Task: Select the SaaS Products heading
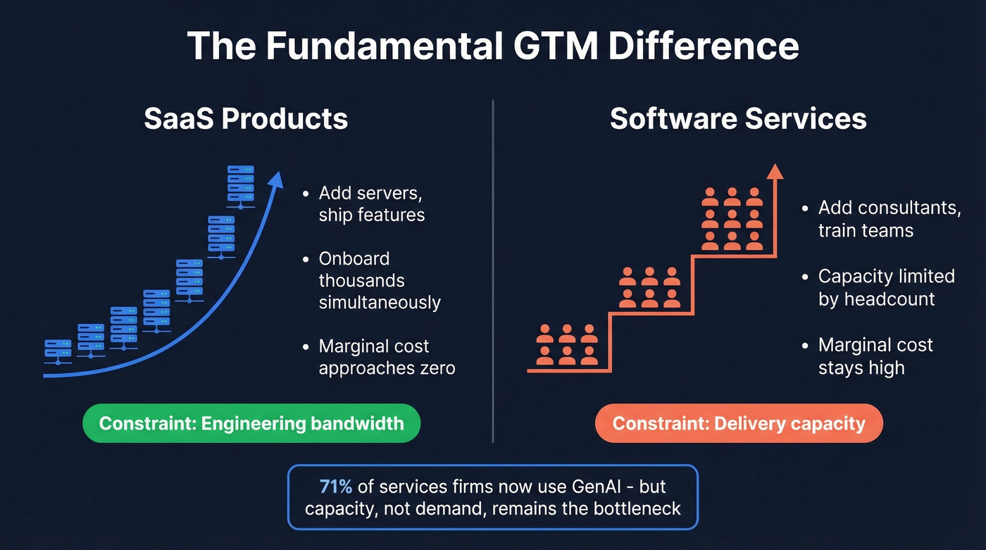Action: coord(246,118)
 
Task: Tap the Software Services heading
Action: coord(738,118)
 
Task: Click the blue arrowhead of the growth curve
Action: coord(277,179)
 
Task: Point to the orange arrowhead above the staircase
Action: coord(775,172)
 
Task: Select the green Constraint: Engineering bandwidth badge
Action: coord(251,423)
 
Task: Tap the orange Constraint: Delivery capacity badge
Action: coord(739,423)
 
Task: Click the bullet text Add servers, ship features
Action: coord(371,204)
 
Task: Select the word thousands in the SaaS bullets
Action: coord(361,280)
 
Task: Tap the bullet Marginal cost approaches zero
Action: coord(386,357)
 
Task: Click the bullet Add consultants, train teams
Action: coord(890,219)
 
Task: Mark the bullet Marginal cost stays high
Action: coord(875,356)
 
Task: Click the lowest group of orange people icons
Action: coord(566,345)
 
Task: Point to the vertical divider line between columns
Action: coord(493,271)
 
